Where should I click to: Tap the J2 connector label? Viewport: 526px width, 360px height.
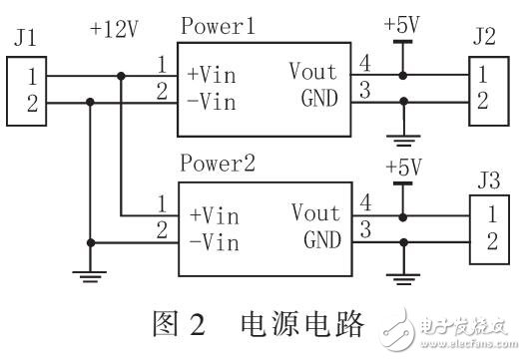pos(483,41)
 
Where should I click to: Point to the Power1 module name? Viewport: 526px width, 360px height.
pos(219,27)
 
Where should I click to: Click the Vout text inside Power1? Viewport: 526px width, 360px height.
pos(314,72)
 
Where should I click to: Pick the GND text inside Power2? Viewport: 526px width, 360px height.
pos(321,240)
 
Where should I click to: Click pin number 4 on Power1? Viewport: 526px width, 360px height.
pos(362,64)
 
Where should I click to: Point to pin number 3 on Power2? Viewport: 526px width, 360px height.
pos(362,230)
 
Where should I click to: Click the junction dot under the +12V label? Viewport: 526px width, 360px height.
pos(121,75)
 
